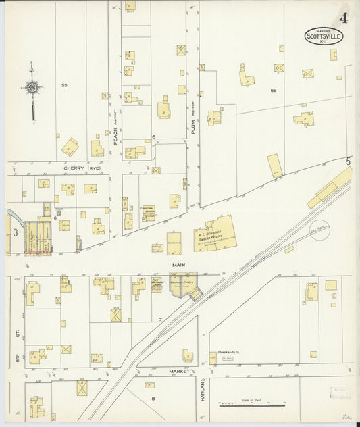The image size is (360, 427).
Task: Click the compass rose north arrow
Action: click(x=32, y=88)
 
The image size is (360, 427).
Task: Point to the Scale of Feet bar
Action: click(x=251, y=405)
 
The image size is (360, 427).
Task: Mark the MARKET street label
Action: click(x=179, y=371)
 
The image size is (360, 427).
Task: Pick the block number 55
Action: click(x=64, y=85)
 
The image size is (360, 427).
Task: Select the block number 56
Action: click(x=274, y=90)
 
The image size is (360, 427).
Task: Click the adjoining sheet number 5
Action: click(x=349, y=161)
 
